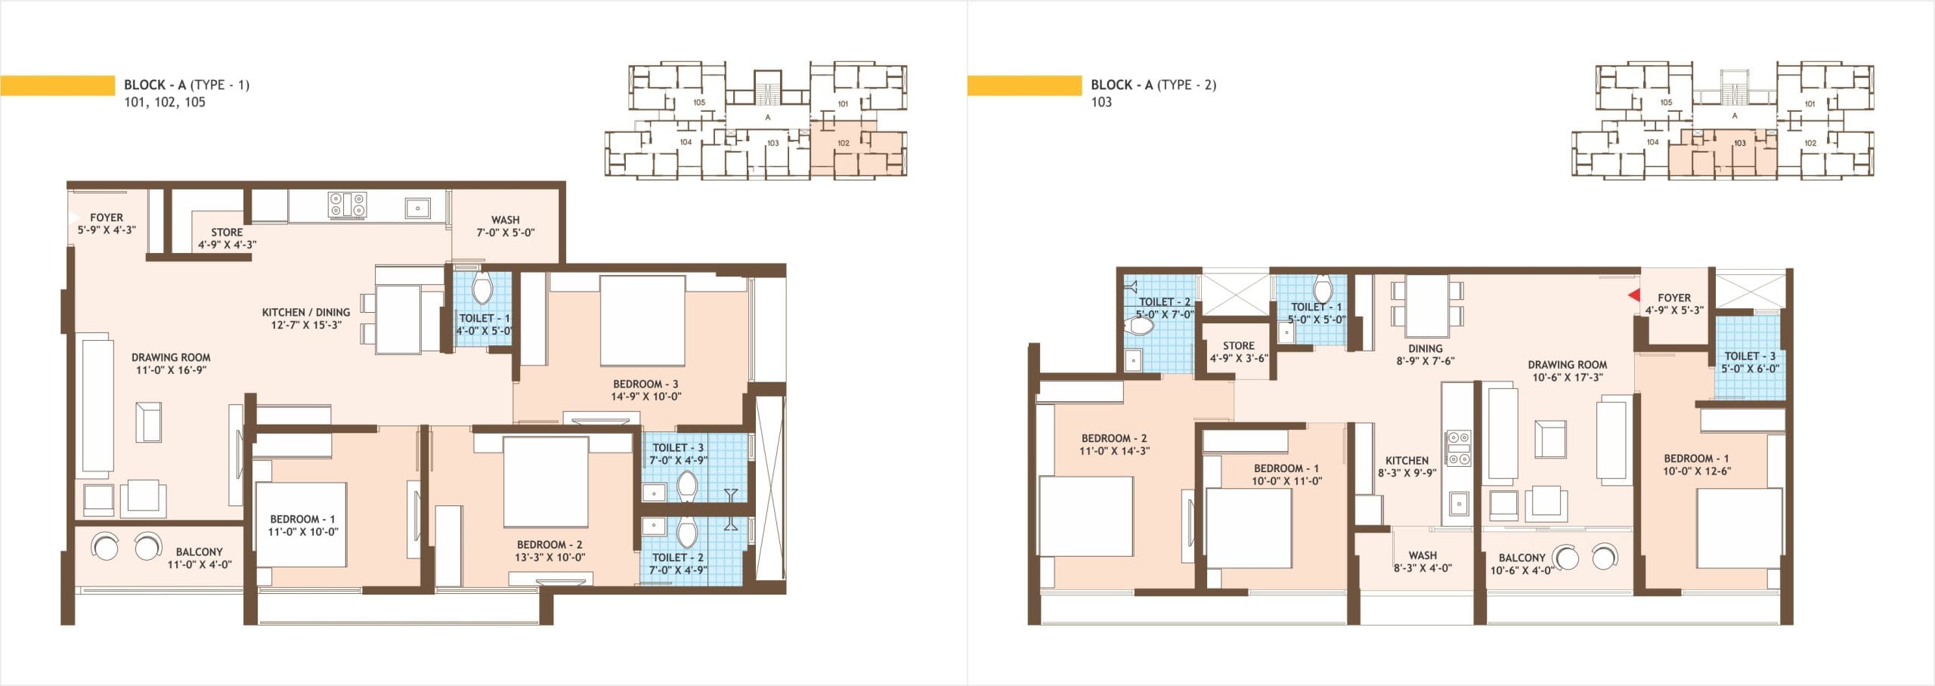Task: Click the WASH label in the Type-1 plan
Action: [505, 220]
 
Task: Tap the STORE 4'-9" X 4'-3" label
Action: [227, 238]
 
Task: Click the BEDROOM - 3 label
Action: [646, 384]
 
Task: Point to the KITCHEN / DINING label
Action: [306, 312]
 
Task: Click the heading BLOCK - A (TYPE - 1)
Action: [187, 85]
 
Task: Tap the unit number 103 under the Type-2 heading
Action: [1101, 102]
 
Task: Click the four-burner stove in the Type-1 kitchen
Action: [347, 205]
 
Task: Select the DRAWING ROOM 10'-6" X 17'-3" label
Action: [1567, 370]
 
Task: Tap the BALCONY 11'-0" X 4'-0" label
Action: [200, 558]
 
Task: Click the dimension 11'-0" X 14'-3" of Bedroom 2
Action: [1114, 451]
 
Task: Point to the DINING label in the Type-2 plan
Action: [1425, 348]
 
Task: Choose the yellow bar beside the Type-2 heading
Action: [1024, 85]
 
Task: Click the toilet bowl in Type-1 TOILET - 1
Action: [481, 288]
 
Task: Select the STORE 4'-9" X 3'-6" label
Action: [1238, 351]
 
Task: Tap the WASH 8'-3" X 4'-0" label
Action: [1423, 561]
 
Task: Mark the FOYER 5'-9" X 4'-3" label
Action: [107, 223]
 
